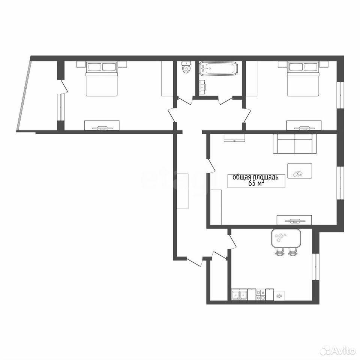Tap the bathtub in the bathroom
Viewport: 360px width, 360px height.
218,68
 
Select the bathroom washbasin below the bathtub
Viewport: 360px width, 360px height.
202,87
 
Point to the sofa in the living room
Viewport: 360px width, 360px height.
295,144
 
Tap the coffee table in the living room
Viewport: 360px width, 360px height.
300,171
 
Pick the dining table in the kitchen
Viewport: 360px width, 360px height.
286,238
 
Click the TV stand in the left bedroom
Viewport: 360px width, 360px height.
102,126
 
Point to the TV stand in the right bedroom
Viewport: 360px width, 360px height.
303,126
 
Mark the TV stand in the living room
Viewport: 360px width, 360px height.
294,220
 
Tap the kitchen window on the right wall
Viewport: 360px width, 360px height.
316,267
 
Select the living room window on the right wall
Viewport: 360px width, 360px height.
340,182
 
